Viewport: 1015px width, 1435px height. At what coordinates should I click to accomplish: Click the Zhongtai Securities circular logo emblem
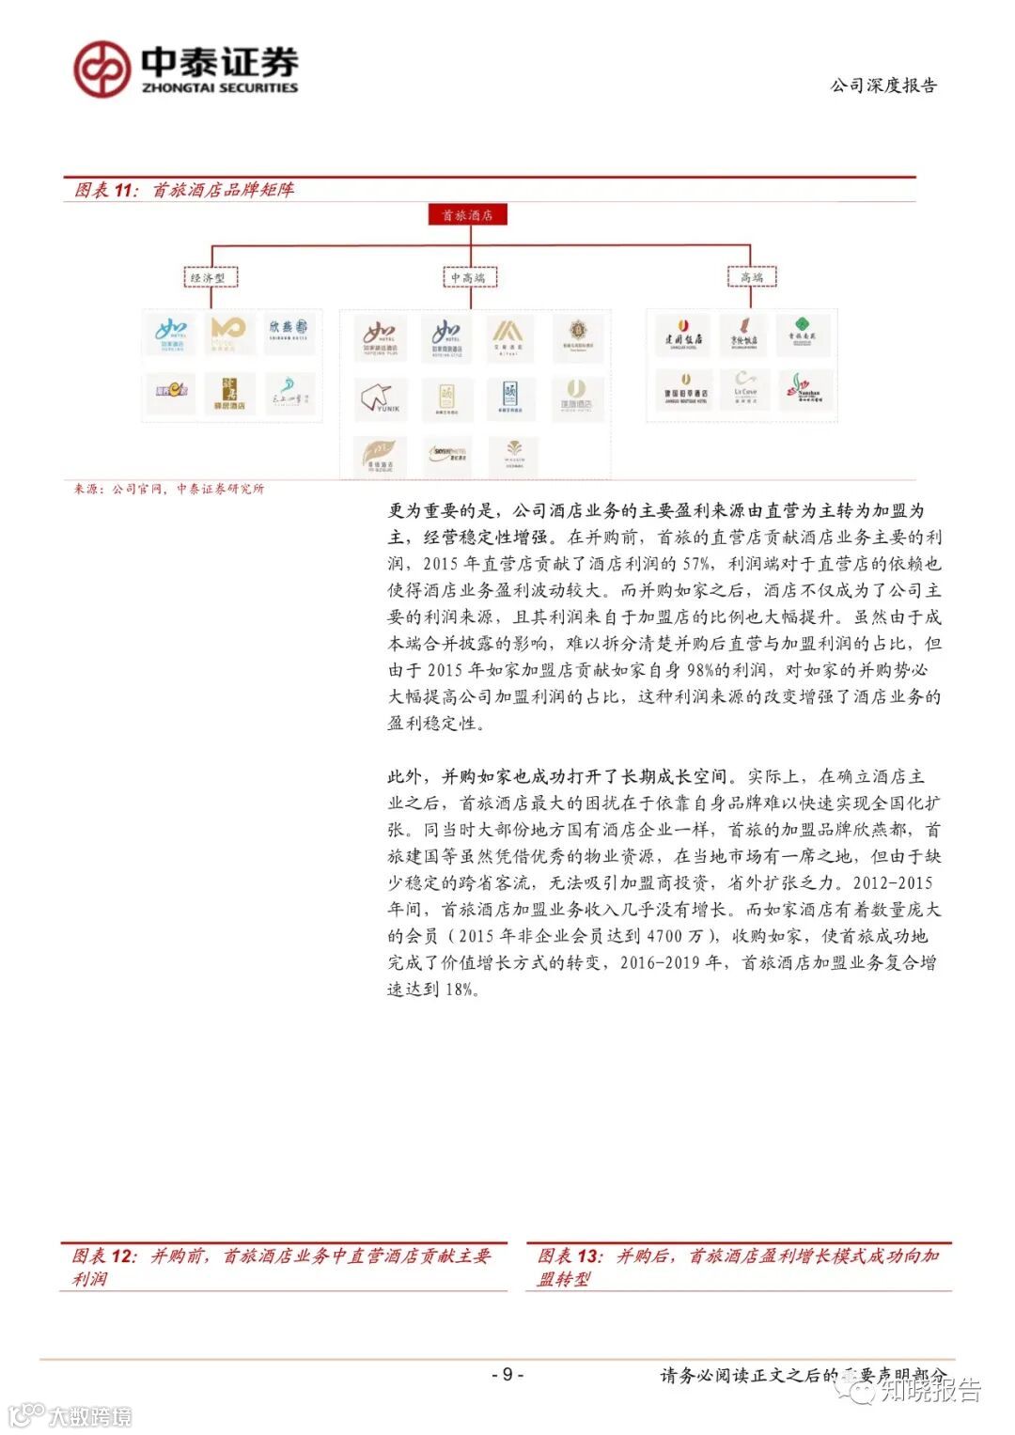tap(101, 69)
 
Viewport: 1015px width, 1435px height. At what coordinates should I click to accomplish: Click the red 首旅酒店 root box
tap(467, 215)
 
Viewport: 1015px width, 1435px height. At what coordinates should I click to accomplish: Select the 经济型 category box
tap(209, 277)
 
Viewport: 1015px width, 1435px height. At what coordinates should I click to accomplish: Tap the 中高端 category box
tap(468, 277)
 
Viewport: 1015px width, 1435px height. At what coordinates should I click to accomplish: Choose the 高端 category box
tap(752, 276)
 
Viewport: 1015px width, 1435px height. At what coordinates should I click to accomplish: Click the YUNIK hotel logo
tap(382, 398)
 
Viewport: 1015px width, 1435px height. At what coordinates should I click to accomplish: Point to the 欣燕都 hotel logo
tap(288, 331)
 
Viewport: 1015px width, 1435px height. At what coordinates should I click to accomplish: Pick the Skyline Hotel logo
tap(446, 455)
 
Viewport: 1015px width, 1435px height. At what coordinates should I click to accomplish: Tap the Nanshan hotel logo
tap(805, 389)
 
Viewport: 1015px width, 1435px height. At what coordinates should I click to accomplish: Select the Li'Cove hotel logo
tap(745, 389)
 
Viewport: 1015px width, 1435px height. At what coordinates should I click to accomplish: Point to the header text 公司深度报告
tap(883, 86)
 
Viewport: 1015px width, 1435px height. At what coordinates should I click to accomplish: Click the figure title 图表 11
tap(184, 190)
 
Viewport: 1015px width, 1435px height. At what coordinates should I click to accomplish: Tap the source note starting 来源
tap(169, 489)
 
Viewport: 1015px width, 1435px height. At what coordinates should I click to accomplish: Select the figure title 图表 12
tap(281, 1266)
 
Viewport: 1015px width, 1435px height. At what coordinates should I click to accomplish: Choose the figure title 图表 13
tap(738, 1266)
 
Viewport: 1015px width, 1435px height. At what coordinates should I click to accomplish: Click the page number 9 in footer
tap(507, 1374)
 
